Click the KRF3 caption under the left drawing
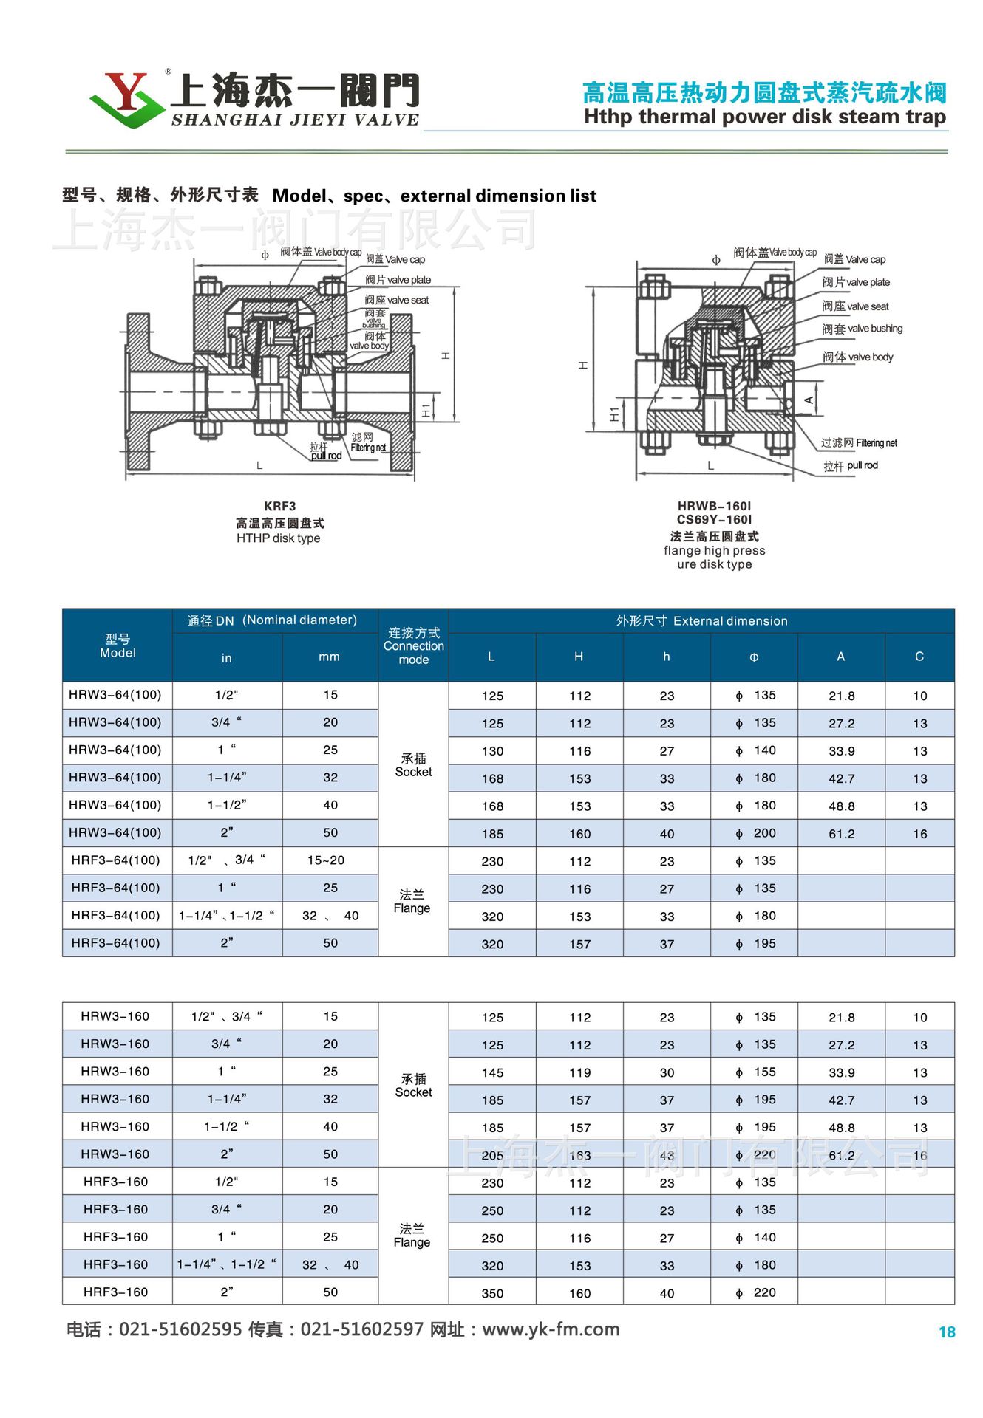[279, 506]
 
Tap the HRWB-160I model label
[714, 506]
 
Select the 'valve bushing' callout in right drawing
[875, 329]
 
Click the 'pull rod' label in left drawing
[326, 456]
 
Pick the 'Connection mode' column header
[413, 646]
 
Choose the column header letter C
[919, 657]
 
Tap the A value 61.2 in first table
[841, 834]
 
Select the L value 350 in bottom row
[492, 1293]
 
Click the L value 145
[492, 1072]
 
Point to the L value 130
[492, 751]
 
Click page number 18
[947, 1332]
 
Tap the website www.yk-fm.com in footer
[551, 1329]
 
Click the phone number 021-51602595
[180, 1329]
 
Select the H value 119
[579, 1072]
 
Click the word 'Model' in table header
[118, 653]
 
